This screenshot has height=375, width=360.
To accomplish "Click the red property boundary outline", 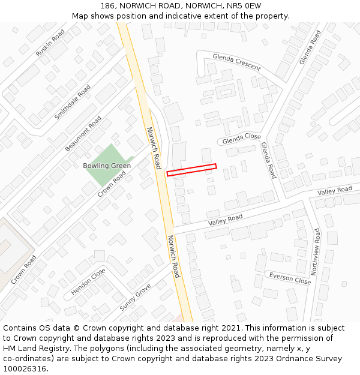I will (191, 170).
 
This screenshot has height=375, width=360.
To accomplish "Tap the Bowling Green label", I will (107, 166).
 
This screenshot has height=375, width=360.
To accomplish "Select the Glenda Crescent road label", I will (236, 61).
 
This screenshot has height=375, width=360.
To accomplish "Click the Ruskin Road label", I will (50, 43).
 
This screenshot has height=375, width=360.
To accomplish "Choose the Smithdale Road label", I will (73, 101).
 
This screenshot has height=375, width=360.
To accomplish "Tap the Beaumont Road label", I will (83, 133).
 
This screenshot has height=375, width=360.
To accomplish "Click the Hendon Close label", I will (88, 281).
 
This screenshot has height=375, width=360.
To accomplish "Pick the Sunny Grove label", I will (135, 297).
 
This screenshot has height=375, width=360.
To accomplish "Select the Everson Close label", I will (290, 278).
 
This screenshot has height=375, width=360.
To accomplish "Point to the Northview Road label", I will (317, 251).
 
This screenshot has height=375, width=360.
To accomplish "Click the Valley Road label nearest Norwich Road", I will (225, 220).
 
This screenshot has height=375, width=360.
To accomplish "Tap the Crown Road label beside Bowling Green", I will (112, 184).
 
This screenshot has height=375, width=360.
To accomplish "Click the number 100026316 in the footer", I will (26, 369).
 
